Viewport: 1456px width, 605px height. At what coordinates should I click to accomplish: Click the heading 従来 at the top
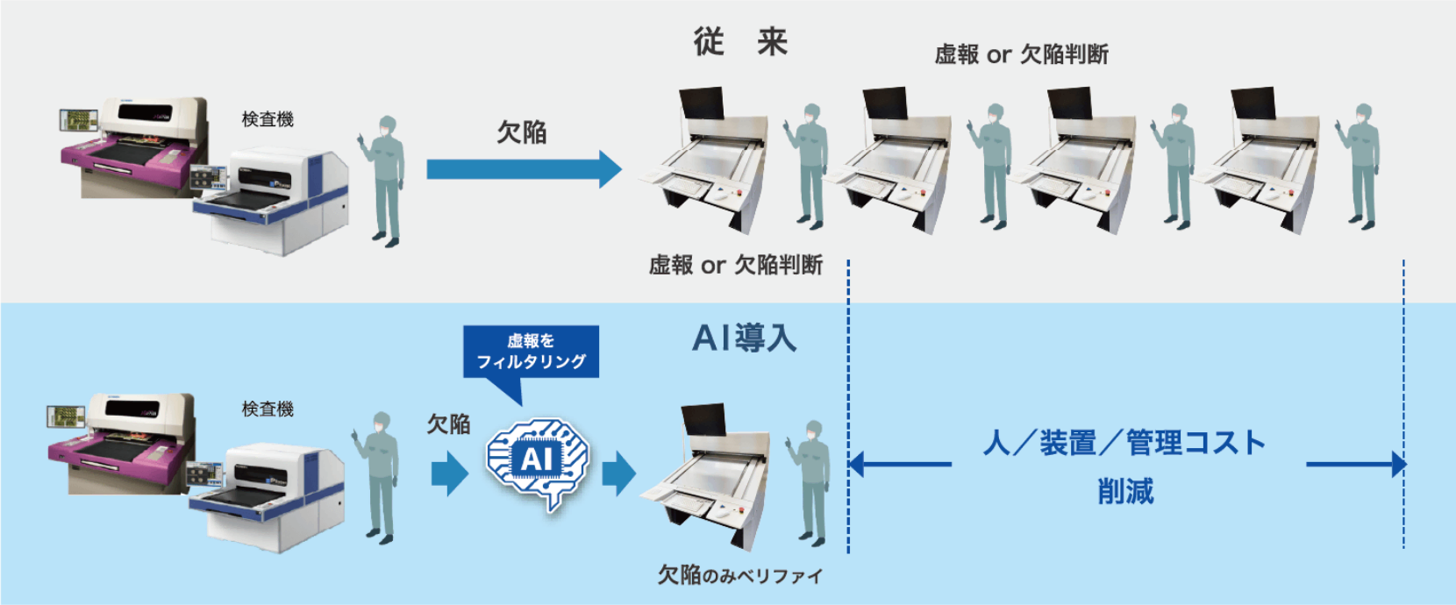740,42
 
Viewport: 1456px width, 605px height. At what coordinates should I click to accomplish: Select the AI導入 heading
745,338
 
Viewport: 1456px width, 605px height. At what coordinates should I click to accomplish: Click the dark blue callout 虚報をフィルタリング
531,352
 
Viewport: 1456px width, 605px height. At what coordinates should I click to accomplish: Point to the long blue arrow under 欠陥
524,169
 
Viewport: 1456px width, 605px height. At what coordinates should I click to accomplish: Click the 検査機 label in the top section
268,119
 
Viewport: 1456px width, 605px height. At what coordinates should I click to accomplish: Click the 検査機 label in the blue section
268,409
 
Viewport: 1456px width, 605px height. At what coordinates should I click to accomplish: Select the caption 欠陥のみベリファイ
740,575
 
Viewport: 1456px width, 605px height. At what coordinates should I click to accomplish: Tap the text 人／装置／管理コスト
1124,443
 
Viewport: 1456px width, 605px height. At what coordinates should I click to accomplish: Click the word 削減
1126,491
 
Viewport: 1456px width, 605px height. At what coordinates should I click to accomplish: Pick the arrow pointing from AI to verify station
619,473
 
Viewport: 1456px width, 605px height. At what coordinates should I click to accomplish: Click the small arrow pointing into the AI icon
450,473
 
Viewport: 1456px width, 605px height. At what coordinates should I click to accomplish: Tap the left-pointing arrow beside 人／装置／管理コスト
900,464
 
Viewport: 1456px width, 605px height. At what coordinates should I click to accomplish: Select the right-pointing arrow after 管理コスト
1357,464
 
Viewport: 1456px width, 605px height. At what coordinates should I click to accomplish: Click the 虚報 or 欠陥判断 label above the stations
1022,54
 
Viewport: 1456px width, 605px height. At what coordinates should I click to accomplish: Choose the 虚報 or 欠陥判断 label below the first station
736,265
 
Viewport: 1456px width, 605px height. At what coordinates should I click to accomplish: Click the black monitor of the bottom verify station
704,420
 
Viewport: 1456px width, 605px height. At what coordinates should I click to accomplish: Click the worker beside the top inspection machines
382,181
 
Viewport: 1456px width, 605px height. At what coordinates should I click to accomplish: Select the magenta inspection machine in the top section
133,146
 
